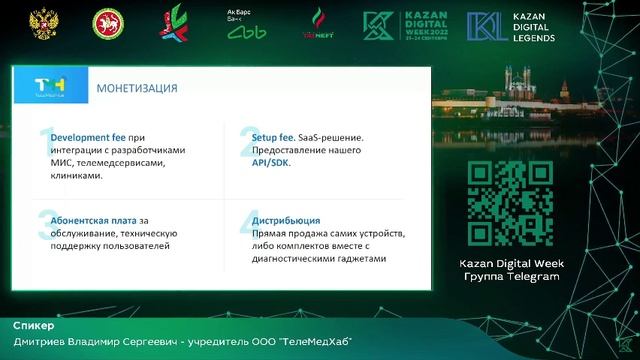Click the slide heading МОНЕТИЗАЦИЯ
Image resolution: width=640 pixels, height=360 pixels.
[x=137, y=88]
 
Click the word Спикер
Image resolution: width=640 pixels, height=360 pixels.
[x=34, y=326]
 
